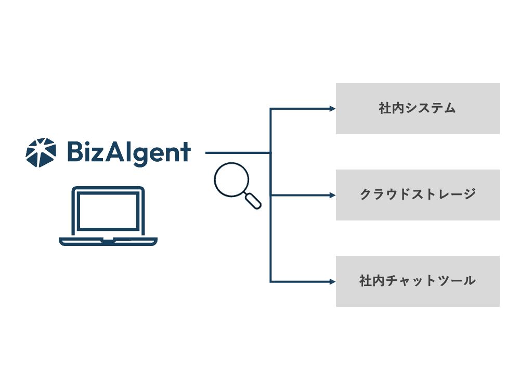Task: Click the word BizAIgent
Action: (x=128, y=153)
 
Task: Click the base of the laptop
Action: (x=108, y=241)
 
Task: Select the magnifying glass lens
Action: (x=229, y=179)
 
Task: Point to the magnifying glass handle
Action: (x=253, y=201)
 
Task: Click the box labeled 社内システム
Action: (x=418, y=109)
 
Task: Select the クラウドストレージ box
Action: (x=418, y=195)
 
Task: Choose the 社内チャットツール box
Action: (x=418, y=281)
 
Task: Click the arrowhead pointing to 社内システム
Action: (x=333, y=109)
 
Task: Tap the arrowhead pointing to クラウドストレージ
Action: (x=333, y=196)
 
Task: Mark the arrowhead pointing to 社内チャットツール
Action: (x=333, y=282)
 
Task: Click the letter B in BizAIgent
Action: (x=75, y=152)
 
